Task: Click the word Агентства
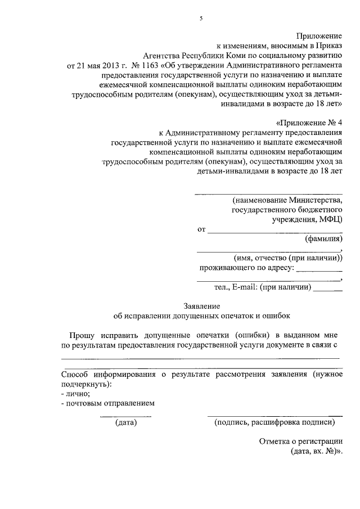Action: point(164,55)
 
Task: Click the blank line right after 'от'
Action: point(274,231)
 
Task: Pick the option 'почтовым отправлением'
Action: point(110,403)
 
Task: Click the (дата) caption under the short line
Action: point(126,422)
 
